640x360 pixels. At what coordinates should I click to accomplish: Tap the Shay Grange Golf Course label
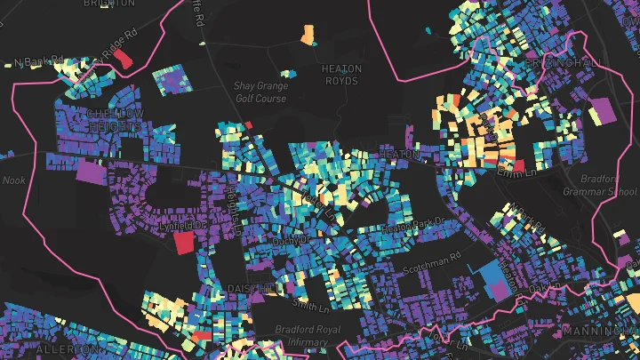pyautogui.click(x=260, y=92)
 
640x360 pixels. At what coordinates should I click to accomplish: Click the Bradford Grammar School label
pyautogui.click(x=600, y=185)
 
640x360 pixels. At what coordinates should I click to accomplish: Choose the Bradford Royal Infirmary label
pyautogui.click(x=308, y=335)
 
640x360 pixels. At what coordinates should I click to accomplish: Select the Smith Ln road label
pyautogui.click(x=310, y=307)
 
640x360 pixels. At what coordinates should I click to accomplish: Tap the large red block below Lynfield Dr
pyautogui.click(x=184, y=243)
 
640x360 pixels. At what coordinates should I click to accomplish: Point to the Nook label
pyautogui.click(x=14, y=180)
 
